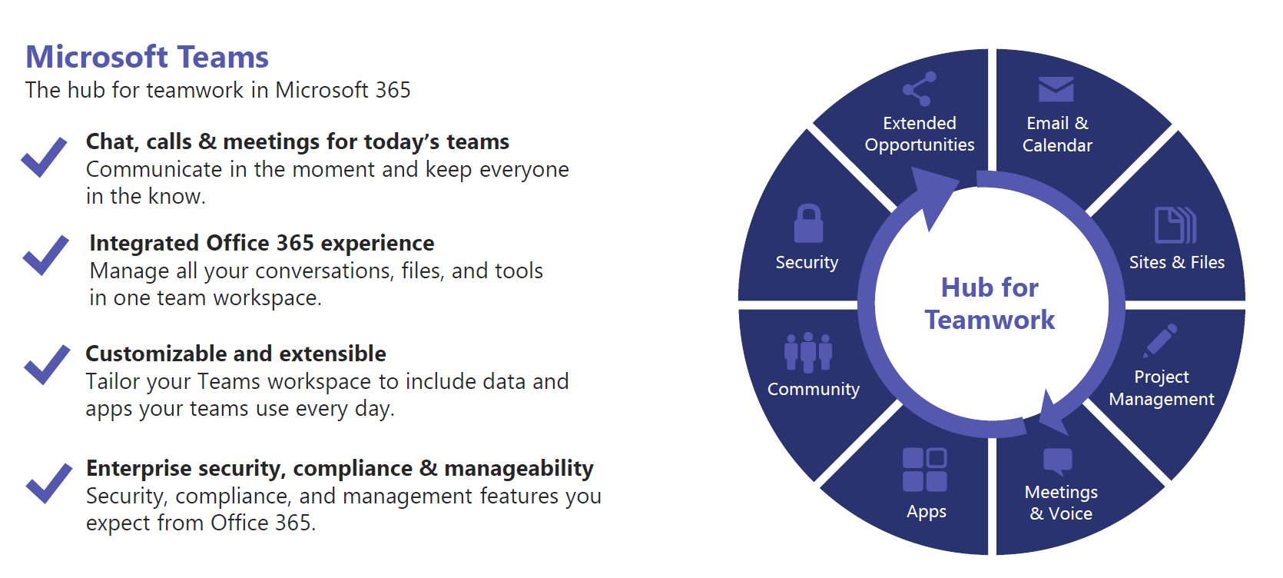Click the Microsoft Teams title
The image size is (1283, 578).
pos(148,57)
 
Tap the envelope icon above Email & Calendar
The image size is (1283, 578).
pos(1056,89)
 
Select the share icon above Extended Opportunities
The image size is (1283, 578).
pos(920,89)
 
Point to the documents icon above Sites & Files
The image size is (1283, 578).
pos(1175,225)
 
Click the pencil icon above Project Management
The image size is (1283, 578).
pos(1160,340)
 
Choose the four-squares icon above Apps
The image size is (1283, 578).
pos(924,470)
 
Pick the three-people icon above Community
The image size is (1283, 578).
pos(808,352)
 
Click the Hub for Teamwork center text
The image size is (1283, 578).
pos(990,304)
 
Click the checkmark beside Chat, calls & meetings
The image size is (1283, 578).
pos(44,158)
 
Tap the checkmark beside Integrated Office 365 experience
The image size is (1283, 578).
pos(46,255)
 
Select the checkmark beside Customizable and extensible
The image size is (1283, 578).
pos(47,365)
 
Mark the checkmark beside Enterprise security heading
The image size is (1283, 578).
pos(49,483)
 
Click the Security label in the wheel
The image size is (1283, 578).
pos(807,262)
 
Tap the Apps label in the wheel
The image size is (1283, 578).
pos(927,512)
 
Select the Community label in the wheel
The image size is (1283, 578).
pos(814,389)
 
